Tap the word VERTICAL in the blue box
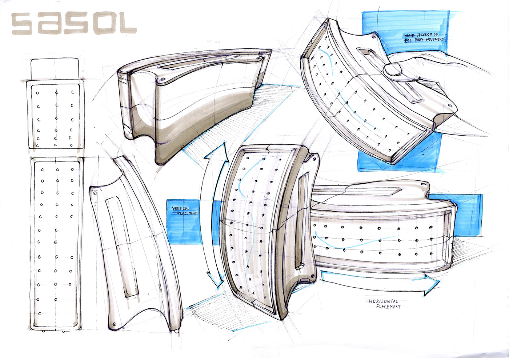pyautogui.click(x=181, y=209)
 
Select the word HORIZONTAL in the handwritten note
pyautogui.click(x=384, y=301)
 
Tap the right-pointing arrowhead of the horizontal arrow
pyautogui.click(x=431, y=284)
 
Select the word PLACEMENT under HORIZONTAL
pyautogui.click(x=388, y=307)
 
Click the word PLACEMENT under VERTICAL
pyautogui.click(x=188, y=213)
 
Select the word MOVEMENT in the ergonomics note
pyautogui.click(x=435, y=39)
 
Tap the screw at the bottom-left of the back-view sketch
pyautogui.click(x=115, y=324)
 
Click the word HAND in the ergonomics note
pyautogui.click(x=410, y=36)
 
